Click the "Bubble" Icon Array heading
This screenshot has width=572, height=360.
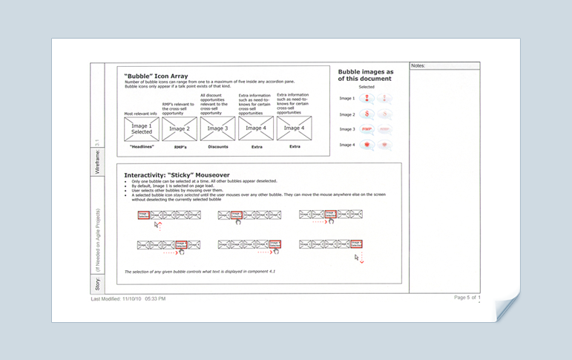156,76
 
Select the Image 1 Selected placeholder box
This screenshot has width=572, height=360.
141,128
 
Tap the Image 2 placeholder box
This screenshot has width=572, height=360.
179,128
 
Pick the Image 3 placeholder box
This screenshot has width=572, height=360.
217,128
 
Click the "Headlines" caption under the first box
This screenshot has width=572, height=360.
141,146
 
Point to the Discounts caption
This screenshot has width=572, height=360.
217,146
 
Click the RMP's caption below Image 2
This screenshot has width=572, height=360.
179,146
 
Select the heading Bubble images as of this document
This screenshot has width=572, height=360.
366,74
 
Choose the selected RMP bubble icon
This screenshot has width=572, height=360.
366,129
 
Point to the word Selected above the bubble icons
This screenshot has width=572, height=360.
366,87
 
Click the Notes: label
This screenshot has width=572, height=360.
418,66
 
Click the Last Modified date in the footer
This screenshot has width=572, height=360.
128,298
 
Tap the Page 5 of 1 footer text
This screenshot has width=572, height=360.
467,298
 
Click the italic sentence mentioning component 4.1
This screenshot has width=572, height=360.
200,272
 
